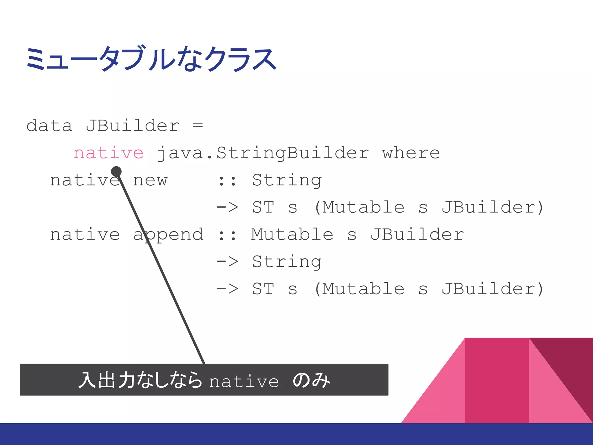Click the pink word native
[x=109, y=153]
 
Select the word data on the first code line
[x=49, y=126]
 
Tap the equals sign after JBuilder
[x=198, y=126]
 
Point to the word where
[x=411, y=153]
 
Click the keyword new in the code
[x=150, y=180]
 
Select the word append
[x=169, y=235]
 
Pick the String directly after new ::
[x=287, y=180]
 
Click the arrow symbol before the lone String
[x=227, y=262]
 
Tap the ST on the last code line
[x=263, y=289]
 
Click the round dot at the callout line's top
[x=116, y=172]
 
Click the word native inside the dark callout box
[x=244, y=381]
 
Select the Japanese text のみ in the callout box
[x=311, y=380]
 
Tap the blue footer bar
[x=296, y=434]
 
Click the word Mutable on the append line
[x=292, y=235]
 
